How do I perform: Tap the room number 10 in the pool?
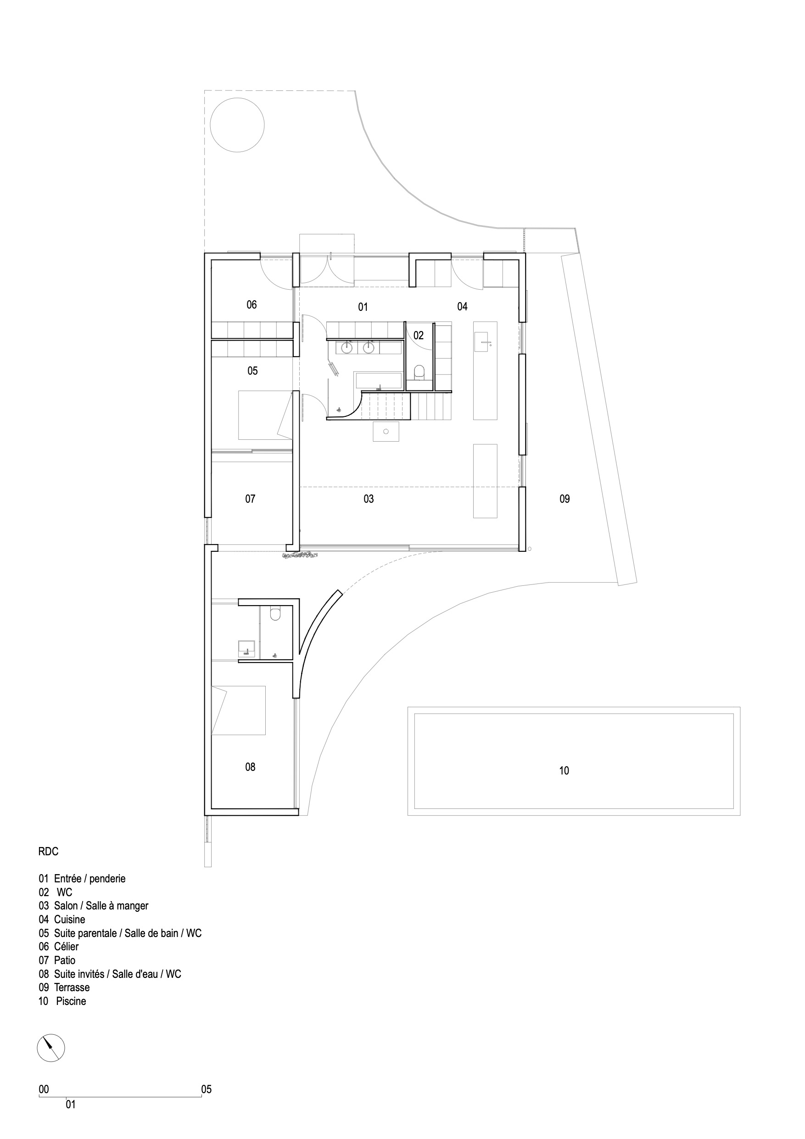(x=564, y=770)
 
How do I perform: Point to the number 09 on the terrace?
(x=565, y=499)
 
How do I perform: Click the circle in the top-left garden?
(x=237, y=125)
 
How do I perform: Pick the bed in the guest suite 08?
(x=239, y=710)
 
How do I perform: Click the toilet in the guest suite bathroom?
(x=275, y=614)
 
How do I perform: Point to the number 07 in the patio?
(x=250, y=499)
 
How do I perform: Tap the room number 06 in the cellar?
(x=252, y=304)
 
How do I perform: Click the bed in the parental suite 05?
(x=265, y=415)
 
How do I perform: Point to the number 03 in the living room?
(x=369, y=499)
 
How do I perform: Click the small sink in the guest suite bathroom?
(x=246, y=648)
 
